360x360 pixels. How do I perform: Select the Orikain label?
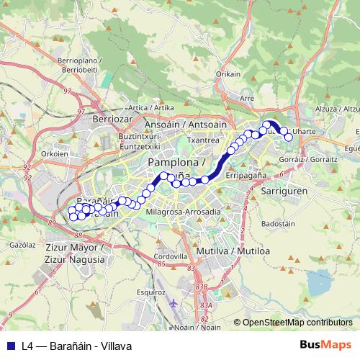tap(228, 73)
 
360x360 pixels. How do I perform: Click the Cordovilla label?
tap(172, 256)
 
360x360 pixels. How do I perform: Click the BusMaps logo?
tap(325, 346)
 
